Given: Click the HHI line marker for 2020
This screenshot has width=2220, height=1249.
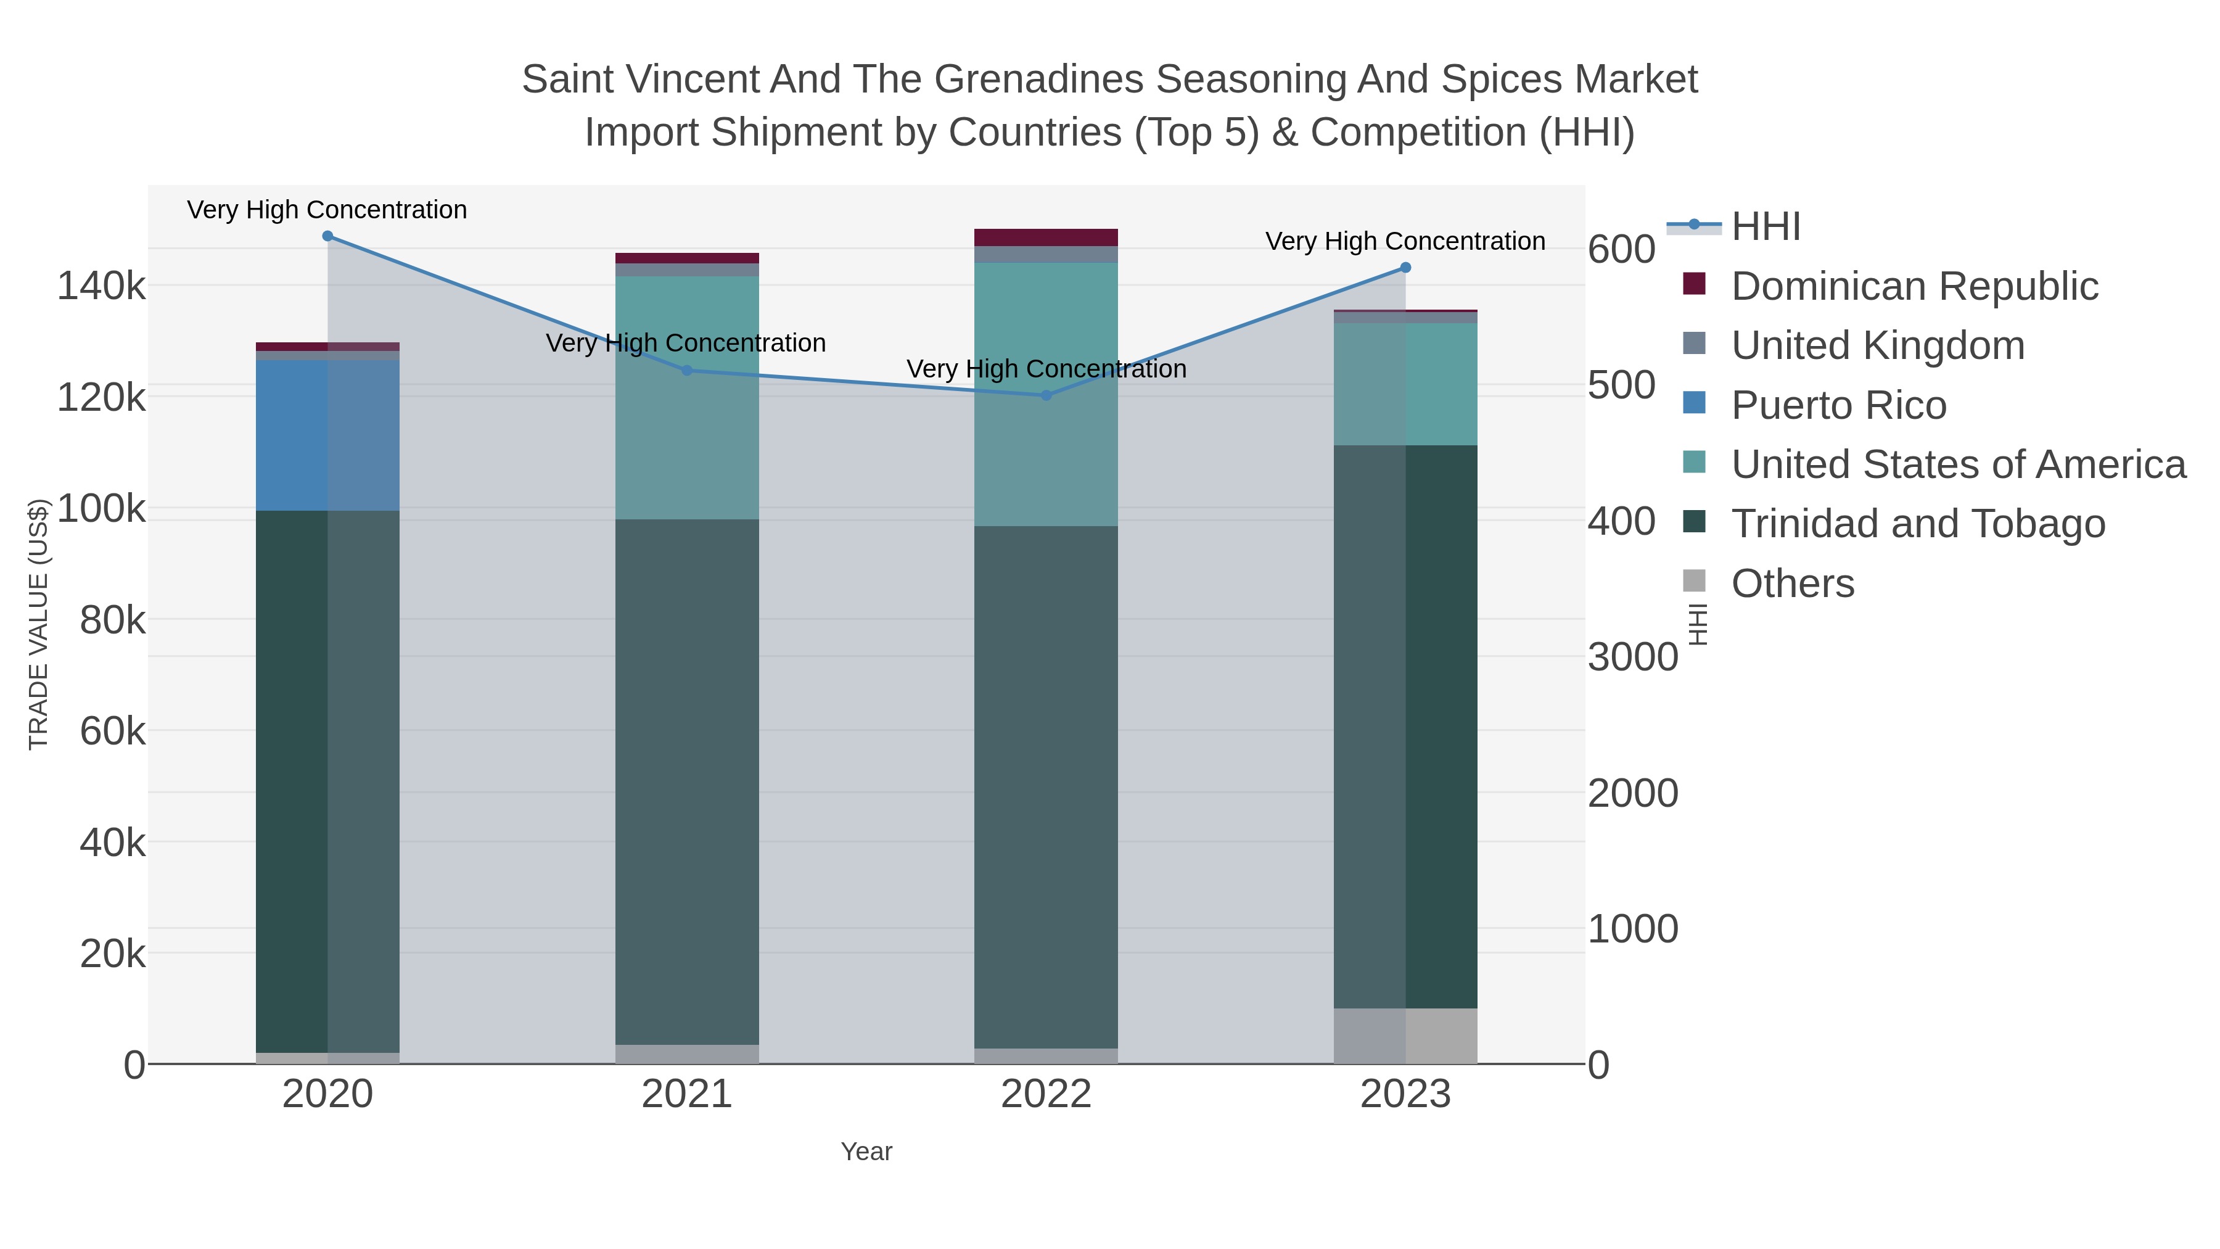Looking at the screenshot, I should click(327, 236).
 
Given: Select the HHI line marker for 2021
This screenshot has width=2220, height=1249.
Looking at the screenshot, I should click(687, 371).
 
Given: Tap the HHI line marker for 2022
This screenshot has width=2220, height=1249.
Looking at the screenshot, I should click(1046, 395).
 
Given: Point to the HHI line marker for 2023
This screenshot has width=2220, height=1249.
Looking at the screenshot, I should click(1405, 268).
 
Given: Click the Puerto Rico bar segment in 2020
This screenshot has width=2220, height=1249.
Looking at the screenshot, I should click(327, 435).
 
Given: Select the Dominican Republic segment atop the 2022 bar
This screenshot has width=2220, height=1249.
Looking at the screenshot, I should click(1046, 238).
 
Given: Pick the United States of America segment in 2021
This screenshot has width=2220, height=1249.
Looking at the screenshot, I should click(687, 397).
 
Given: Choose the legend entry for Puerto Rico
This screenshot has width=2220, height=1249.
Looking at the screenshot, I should click(1838, 405).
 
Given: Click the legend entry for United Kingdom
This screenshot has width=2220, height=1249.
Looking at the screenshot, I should click(1877, 345).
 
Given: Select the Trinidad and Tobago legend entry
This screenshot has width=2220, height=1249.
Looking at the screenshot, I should click(1917, 524).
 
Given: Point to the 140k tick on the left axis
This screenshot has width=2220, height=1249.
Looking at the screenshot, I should click(102, 286).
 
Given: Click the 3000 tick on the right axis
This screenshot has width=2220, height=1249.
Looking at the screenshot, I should click(1632, 657).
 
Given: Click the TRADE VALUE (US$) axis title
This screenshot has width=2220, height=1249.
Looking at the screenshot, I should click(39, 624).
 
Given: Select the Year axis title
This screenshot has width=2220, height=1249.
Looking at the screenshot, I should click(866, 1152).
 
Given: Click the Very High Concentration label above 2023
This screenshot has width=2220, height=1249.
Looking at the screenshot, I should click(1405, 241).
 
